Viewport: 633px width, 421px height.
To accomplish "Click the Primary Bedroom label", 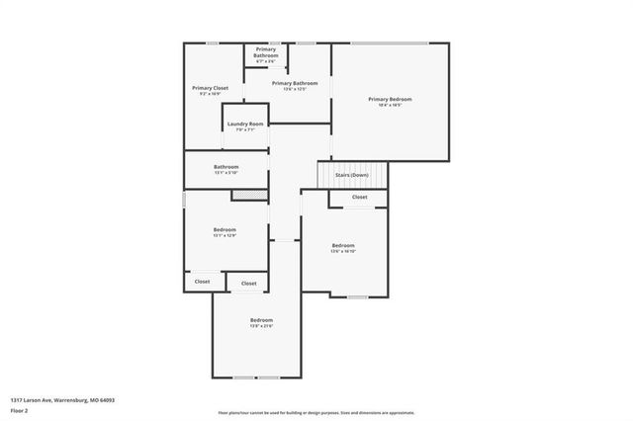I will pyautogui.click(x=390, y=99).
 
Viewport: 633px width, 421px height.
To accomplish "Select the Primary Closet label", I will pyautogui.click(x=210, y=88).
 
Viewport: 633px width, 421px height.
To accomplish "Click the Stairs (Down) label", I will pyautogui.click(x=352, y=175).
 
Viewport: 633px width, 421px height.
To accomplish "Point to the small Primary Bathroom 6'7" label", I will pyautogui.click(x=266, y=52).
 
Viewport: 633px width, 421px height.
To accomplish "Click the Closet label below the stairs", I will pyautogui.click(x=359, y=197).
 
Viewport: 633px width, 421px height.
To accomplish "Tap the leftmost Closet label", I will pyautogui.click(x=202, y=282).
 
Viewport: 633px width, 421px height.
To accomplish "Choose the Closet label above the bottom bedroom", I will pyautogui.click(x=248, y=284).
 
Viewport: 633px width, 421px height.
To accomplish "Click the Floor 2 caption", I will pyautogui.click(x=20, y=409).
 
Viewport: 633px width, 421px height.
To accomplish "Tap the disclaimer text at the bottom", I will pyautogui.click(x=316, y=412).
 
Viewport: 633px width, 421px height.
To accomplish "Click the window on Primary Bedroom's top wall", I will pyautogui.click(x=390, y=42).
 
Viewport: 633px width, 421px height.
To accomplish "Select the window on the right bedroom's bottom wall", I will pyautogui.click(x=357, y=296).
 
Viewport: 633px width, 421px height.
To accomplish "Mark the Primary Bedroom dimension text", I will pyautogui.click(x=390, y=105).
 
